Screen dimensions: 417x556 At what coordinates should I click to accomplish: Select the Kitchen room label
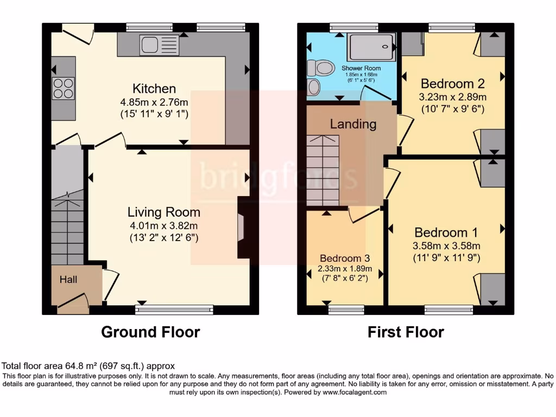(x=154, y=89)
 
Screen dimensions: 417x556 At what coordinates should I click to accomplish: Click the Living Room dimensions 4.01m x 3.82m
(x=163, y=225)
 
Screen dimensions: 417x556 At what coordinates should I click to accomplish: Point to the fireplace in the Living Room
(x=241, y=226)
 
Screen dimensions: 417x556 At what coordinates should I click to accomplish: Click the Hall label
(x=68, y=280)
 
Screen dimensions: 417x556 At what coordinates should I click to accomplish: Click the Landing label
(x=353, y=124)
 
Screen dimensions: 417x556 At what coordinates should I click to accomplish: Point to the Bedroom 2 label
(x=452, y=84)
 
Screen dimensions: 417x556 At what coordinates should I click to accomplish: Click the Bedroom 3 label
(x=345, y=258)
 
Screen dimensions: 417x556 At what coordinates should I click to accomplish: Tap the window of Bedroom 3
(x=346, y=309)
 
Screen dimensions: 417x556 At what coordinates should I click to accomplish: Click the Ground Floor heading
(x=150, y=332)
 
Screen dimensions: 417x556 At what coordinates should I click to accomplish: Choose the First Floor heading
(x=406, y=332)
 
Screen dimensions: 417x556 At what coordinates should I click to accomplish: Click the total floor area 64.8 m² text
(x=89, y=366)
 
